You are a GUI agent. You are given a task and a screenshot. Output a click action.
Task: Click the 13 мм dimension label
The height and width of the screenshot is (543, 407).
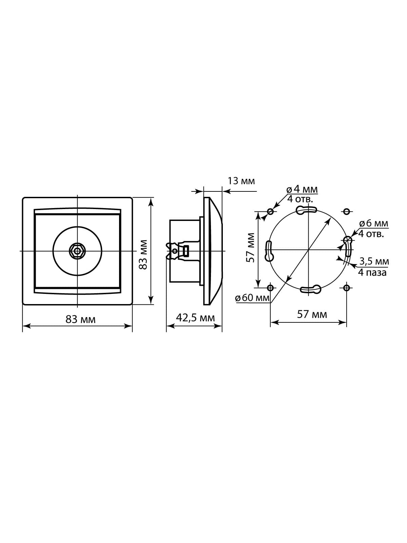pyautogui.click(x=241, y=181)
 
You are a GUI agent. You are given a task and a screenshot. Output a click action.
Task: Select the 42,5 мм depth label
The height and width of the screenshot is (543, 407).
pyautogui.click(x=195, y=318)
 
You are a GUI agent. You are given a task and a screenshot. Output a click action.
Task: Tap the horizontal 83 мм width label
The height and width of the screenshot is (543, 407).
pyautogui.click(x=81, y=320)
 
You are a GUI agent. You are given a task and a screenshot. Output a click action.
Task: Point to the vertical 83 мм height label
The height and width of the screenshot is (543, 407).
pyautogui.click(x=143, y=255)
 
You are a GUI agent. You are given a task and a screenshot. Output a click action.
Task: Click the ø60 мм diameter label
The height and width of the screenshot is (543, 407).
pyautogui.click(x=252, y=298)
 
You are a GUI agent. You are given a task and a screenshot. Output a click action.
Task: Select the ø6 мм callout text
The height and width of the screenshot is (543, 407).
pyautogui.click(x=374, y=223)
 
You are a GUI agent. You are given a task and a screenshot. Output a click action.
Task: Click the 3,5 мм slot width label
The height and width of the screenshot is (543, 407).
pyautogui.click(x=374, y=261)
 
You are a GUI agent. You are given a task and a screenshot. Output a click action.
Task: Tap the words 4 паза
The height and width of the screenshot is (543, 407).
pyautogui.click(x=372, y=273)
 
